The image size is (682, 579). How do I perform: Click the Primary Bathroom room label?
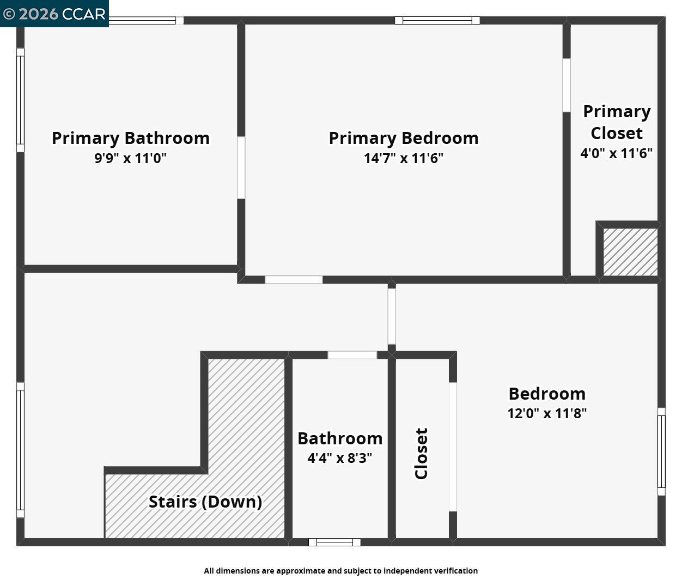tap(131, 138)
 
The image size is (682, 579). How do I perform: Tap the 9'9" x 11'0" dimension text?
tap(131, 159)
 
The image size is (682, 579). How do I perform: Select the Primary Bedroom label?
tap(404, 138)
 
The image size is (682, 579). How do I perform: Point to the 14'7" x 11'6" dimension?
tap(404, 159)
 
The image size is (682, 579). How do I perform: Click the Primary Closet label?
tap(617, 122)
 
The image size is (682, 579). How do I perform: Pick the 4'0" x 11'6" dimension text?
tap(617, 153)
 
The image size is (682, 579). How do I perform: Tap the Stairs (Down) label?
tap(205, 502)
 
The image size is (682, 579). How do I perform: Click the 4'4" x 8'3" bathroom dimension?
tap(340, 458)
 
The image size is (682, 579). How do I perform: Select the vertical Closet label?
tap(422, 454)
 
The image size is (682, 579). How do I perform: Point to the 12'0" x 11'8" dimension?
tap(547, 413)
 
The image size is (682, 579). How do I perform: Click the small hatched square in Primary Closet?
tap(630, 252)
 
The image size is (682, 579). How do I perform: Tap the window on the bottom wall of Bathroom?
tap(334, 542)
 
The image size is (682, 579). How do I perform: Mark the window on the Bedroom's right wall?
tap(661, 451)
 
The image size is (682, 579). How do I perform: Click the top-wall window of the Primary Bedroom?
tap(437, 21)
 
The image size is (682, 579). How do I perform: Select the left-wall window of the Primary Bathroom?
tap(20, 100)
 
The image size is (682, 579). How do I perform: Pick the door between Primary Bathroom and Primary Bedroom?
tap(241, 167)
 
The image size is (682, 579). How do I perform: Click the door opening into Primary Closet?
tap(567, 86)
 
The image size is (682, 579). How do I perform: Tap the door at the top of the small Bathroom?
tap(352, 355)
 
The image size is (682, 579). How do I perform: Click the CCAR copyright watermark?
tap(54, 14)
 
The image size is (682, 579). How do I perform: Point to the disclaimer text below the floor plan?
tap(341, 571)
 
